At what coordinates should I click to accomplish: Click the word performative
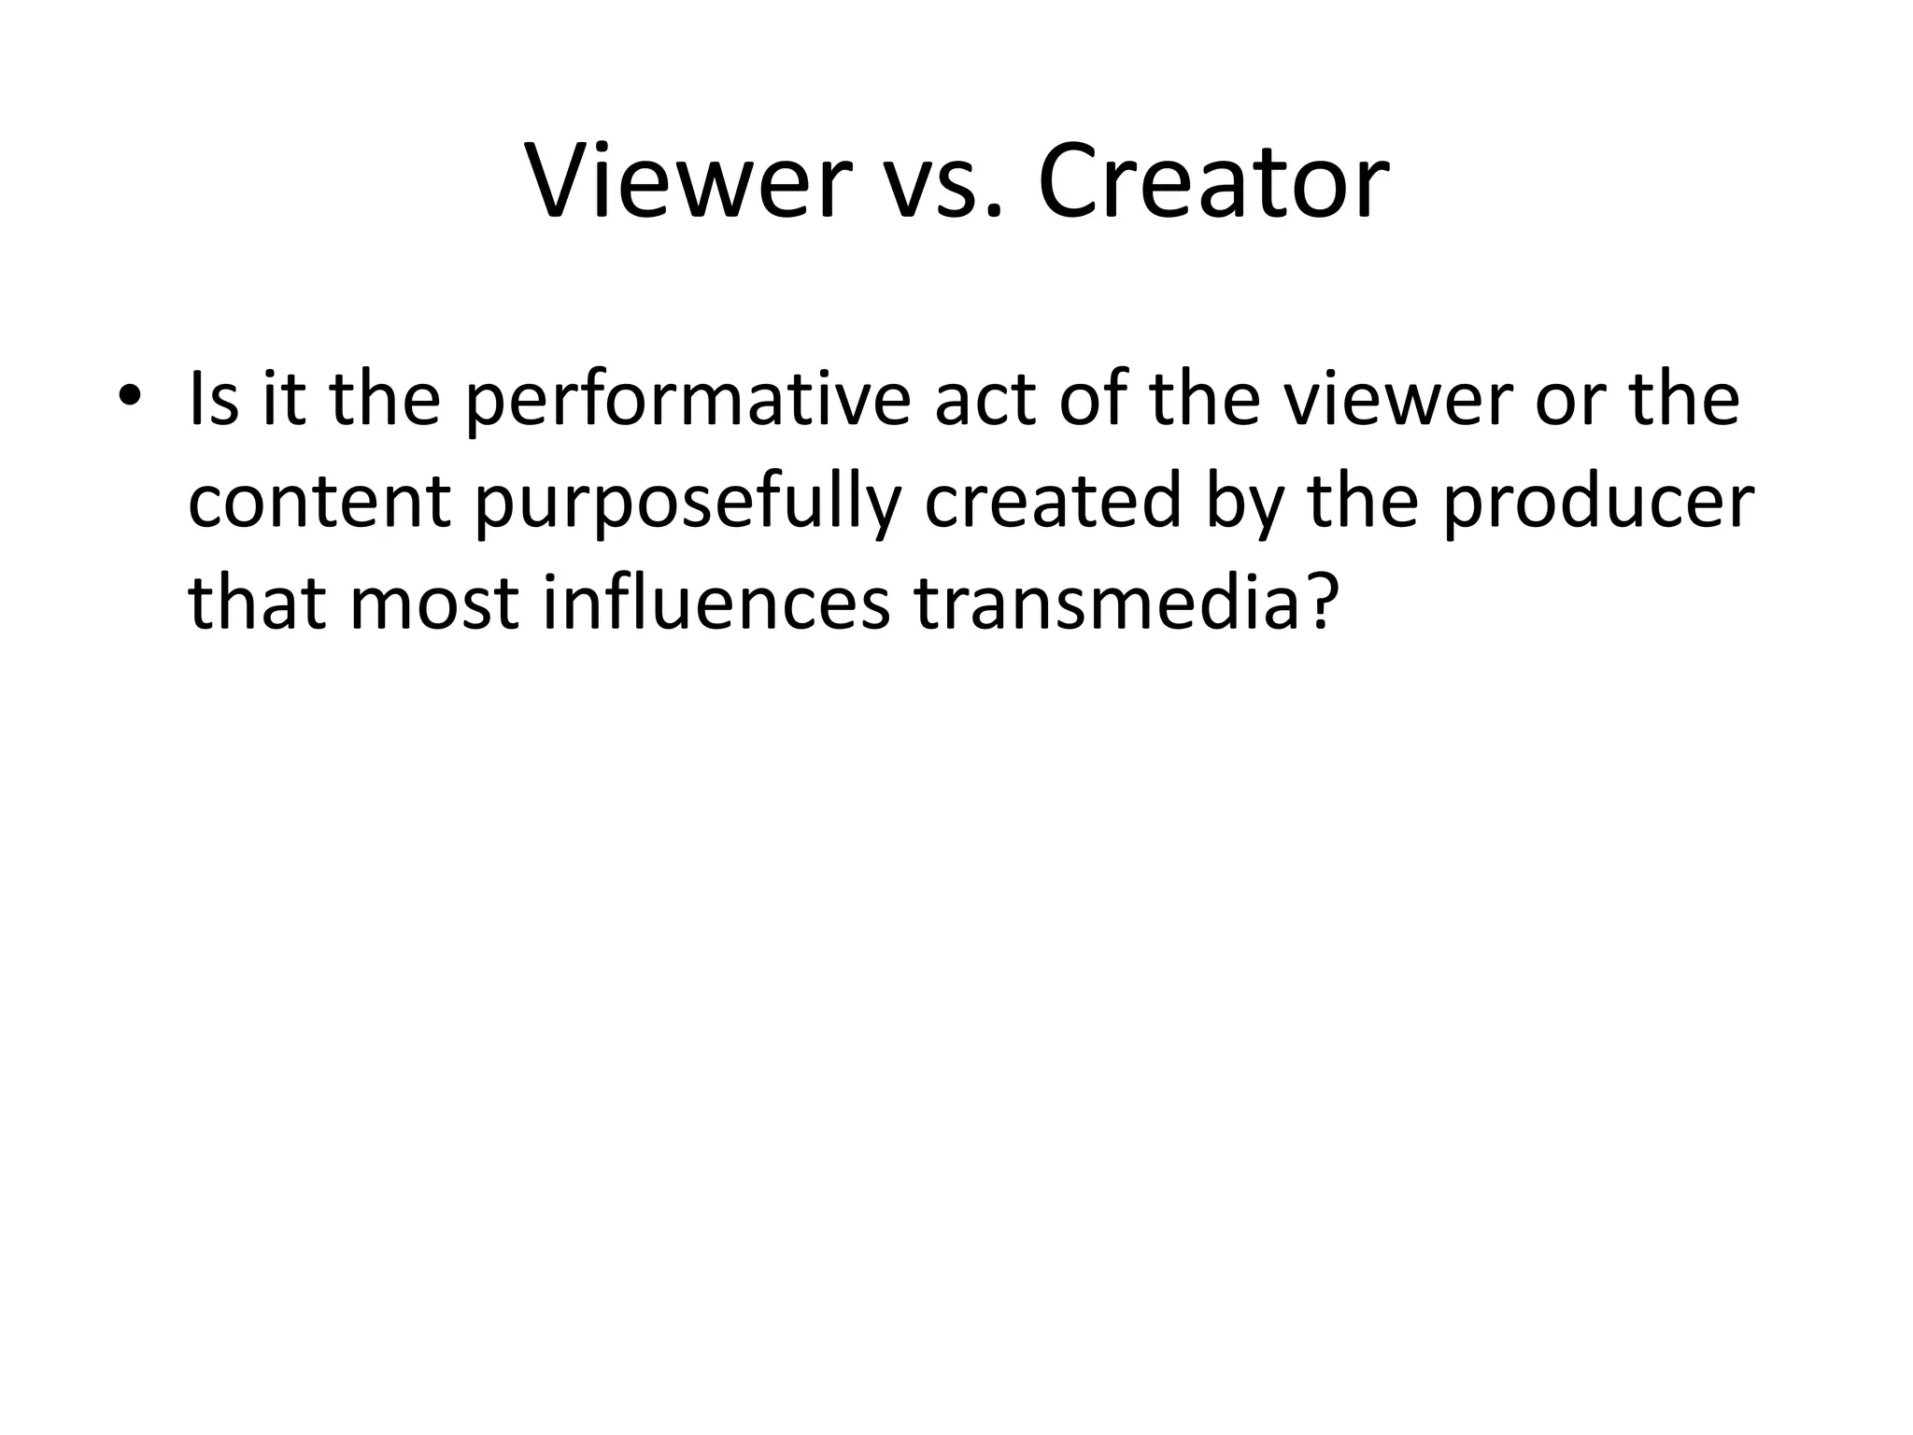pyautogui.click(x=687, y=401)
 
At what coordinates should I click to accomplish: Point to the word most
pyautogui.click(x=433, y=604)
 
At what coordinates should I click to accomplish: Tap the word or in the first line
pyautogui.click(x=1571, y=403)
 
